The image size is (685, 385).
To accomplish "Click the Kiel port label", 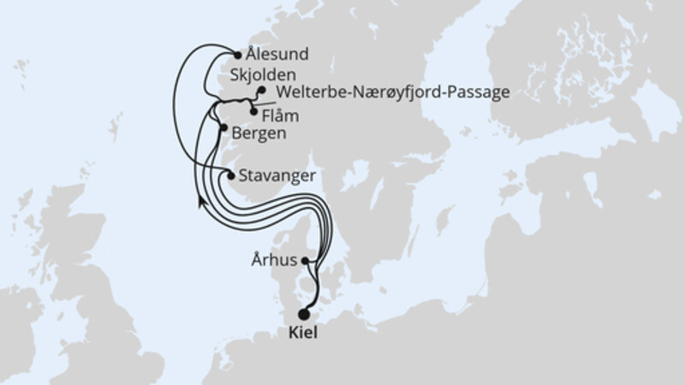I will click(x=304, y=334).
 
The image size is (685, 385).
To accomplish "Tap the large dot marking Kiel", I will click(x=304, y=315).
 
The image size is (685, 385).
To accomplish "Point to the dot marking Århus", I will click(x=306, y=262).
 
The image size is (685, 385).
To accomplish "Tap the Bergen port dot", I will click(x=223, y=129).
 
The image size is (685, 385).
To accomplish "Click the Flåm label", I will click(x=281, y=115).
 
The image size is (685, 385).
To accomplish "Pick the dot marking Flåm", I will click(x=253, y=110).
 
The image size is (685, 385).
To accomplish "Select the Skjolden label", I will click(x=277, y=74).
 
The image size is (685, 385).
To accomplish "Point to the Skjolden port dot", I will click(x=260, y=90).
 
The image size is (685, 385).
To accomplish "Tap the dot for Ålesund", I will click(x=237, y=53).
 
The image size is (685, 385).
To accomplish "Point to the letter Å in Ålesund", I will click(x=250, y=54).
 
